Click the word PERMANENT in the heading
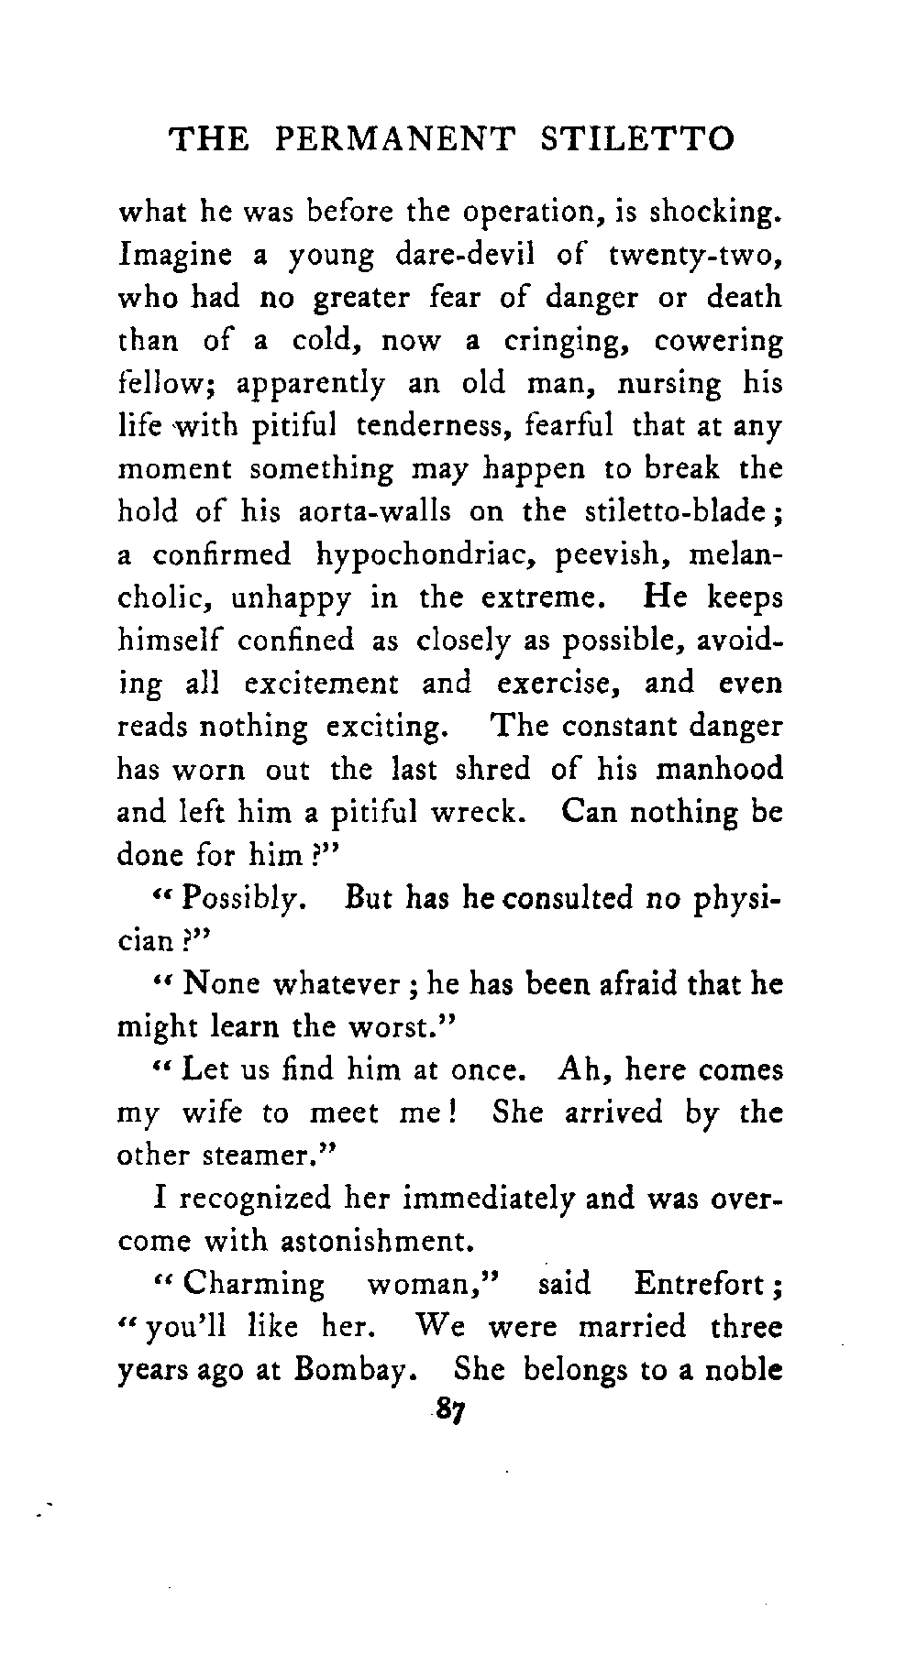click(394, 139)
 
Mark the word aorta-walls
click(377, 512)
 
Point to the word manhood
click(720, 769)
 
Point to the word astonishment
click(366, 1242)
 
